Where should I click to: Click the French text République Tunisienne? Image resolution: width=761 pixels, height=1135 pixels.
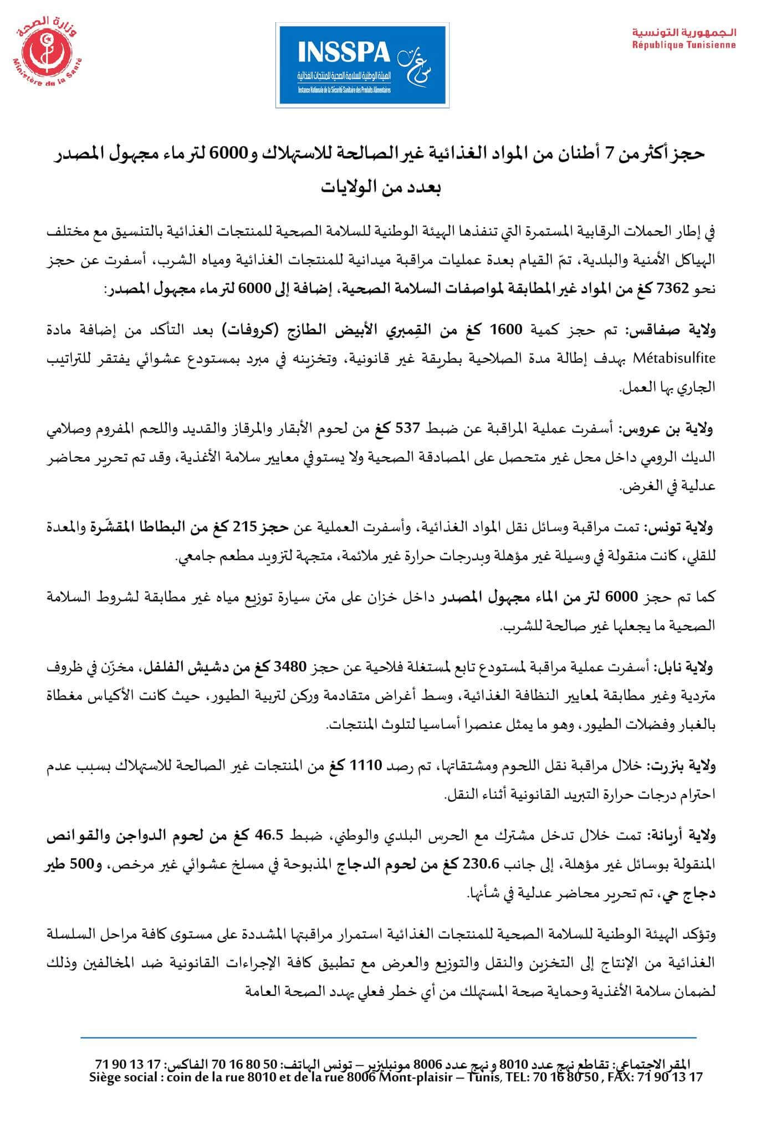pos(685,45)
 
